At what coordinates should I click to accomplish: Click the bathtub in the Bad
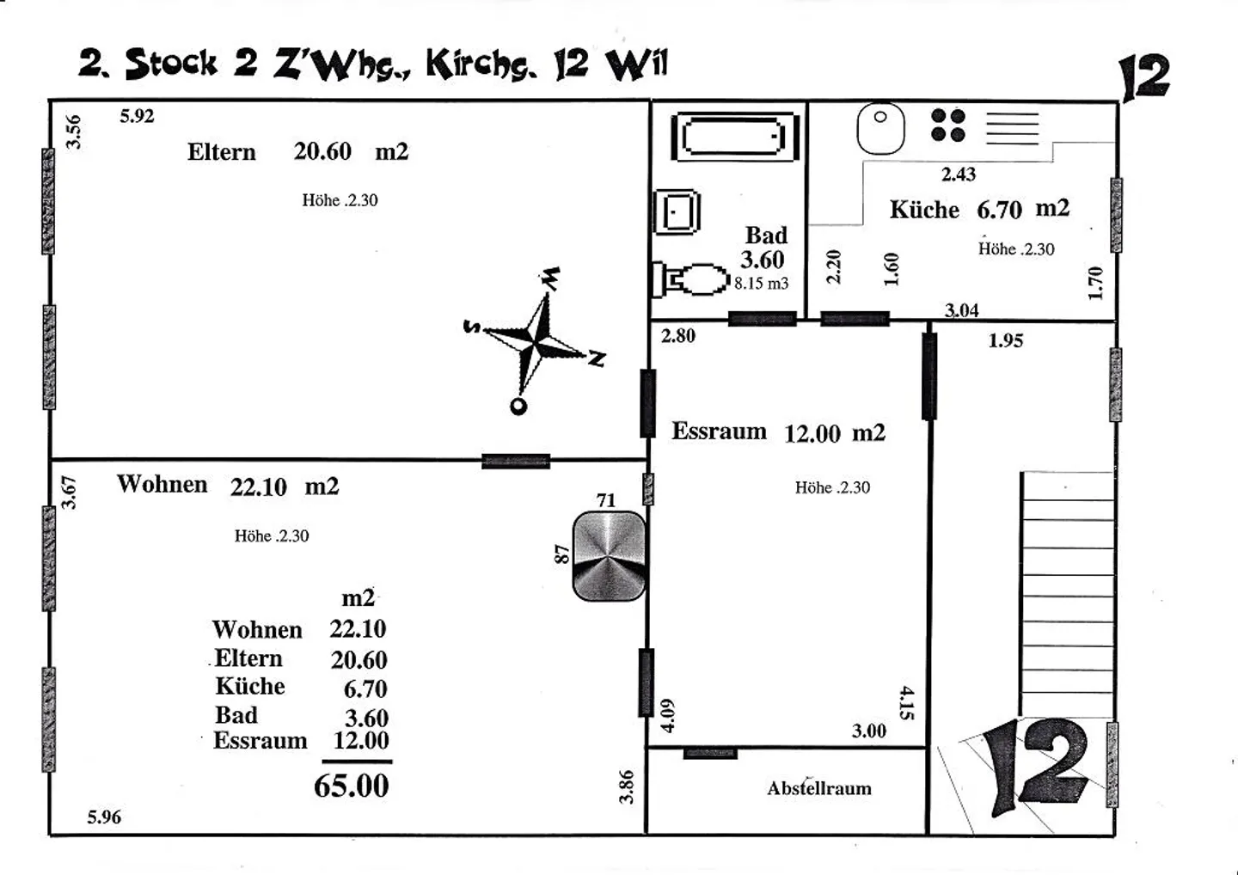pyautogui.click(x=735, y=137)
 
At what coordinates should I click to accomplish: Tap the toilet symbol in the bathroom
pyautogui.click(x=691, y=279)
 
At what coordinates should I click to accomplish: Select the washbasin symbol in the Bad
pyautogui.click(x=677, y=211)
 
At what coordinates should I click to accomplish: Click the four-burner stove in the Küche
pyautogui.click(x=947, y=125)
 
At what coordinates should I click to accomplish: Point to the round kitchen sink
pyautogui.click(x=881, y=128)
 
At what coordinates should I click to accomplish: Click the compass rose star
pyautogui.click(x=535, y=341)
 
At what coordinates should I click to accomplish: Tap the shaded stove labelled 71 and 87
pyautogui.click(x=609, y=556)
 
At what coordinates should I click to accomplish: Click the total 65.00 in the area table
pyautogui.click(x=352, y=786)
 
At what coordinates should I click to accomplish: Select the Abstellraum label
pyautogui.click(x=819, y=788)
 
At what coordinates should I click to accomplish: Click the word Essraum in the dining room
pyautogui.click(x=719, y=431)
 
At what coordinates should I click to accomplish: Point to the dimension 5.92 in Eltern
pyautogui.click(x=137, y=116)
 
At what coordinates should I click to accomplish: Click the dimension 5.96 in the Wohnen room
pyautogui.click(x=104, y=817)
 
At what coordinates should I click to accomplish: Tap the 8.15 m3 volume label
pyautogui.click(x=761, y=284)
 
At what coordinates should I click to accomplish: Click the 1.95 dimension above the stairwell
pyautogui.click(x=1006, y=340)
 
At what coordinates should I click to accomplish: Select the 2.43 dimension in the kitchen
pyautogui.click(x=959, y=174)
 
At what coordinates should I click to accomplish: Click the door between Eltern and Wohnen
pyautogui.click(x=516, y=461)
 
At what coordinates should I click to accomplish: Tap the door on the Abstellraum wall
pyautogui.click(x=710, y=754)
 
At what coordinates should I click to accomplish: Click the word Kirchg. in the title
pyautogui.click(x=481, y=64)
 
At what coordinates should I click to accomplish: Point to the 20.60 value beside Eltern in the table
pyautogui.click(x=359, y=659)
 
